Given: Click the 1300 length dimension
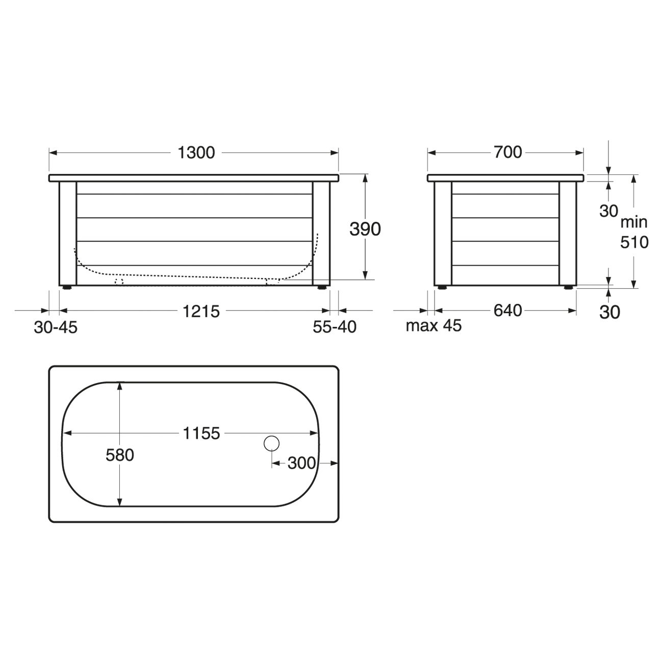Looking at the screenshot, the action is [x=196, y=152].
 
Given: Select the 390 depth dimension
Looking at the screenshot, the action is [x=365, y=229].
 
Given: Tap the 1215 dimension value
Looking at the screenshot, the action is [x=201, y=312].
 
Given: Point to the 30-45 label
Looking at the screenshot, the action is [x=56, y=327].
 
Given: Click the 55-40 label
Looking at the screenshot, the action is [x=335, y=327].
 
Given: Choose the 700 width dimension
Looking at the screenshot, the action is [x=508, y=152].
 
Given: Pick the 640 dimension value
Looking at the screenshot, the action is [x=508, y=311].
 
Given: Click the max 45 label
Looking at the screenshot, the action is [x=433, y=326].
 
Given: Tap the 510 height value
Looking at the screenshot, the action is [x=634, y=242].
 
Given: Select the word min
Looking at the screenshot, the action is [x=634, y=222].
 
